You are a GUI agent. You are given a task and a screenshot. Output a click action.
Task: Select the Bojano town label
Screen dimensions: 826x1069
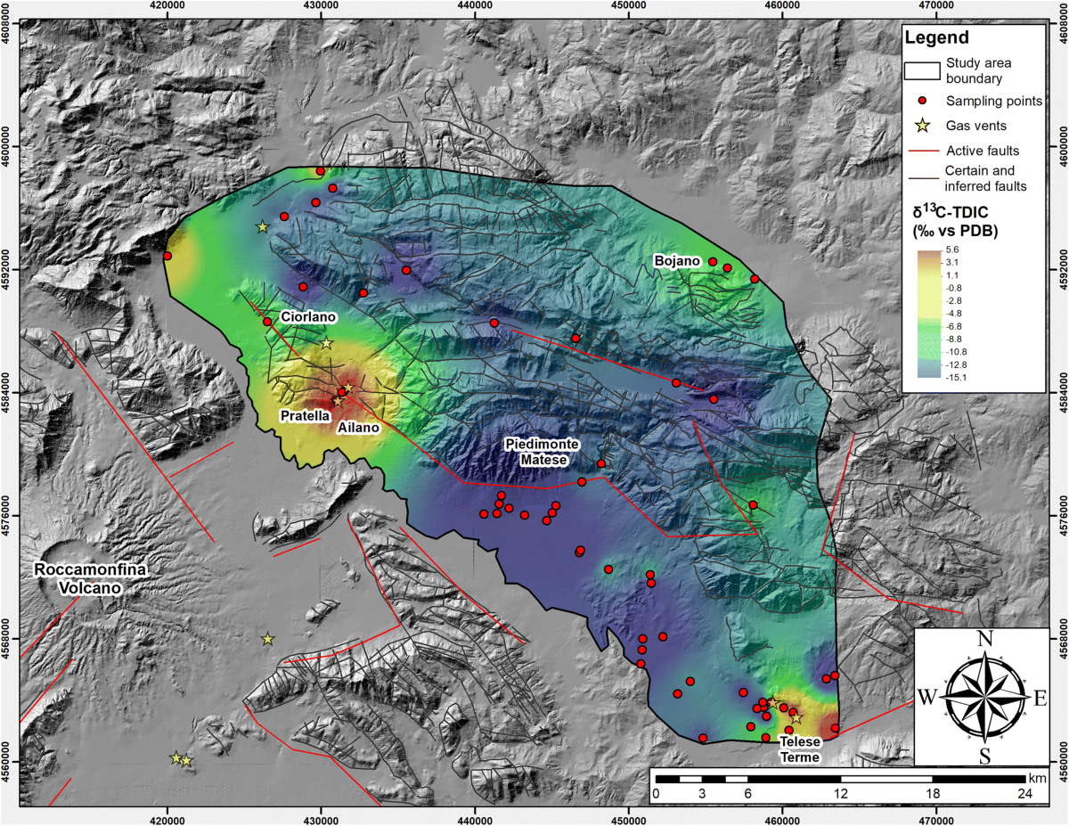coord(676,261)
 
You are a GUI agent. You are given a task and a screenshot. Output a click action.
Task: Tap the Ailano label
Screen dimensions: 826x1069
coord(359,428)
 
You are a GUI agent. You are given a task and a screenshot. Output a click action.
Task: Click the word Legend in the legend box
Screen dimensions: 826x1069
coord(936,37)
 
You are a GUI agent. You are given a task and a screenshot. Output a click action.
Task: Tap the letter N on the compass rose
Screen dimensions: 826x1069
coord(985,639)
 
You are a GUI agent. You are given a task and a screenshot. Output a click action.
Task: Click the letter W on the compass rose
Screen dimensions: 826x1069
coord(926,698)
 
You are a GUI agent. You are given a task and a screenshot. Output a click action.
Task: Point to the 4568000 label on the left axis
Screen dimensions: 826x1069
coord(7,639)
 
